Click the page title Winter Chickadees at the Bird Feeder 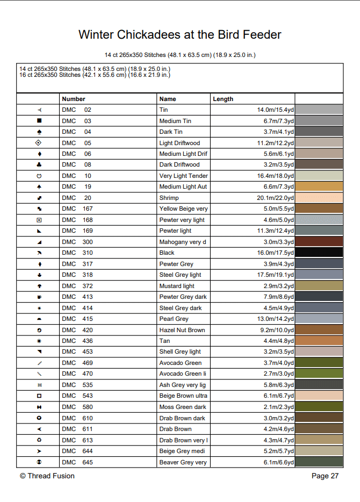coord(179,35)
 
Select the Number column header coord(74,99)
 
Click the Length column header coord(223,99)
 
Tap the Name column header coord(168,99)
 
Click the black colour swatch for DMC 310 coord(319,253)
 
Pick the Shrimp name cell coord(169,198)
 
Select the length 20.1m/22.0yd coord(275,198)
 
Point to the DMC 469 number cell coord(77,363)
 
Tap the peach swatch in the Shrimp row coord(319,198)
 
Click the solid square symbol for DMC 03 coord(39,121)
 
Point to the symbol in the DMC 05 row coord(39,143)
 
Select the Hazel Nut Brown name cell coord(182,330)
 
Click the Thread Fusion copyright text coord(47,476)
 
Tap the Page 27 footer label coord(325,476)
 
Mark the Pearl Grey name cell coord(174,319)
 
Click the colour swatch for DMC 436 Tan coord(319,341)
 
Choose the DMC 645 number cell coord(77,462)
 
